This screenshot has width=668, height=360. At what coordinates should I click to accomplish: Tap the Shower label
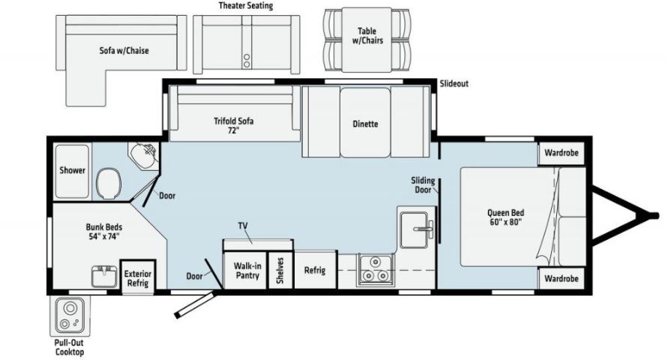point(73,170)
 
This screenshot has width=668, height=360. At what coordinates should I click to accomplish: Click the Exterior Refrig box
point(137,278)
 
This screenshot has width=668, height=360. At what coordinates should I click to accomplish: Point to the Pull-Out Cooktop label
point(68,347)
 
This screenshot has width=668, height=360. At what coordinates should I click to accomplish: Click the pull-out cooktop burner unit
point(68,316)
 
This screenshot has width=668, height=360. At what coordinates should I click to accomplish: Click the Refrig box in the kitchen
point(314,270)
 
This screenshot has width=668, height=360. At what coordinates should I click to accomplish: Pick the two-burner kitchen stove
point(375,269)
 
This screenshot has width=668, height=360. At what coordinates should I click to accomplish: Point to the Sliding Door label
point(423,185)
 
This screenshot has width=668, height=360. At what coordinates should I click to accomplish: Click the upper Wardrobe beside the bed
point(562,153)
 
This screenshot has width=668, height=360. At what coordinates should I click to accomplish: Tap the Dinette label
point(365,124)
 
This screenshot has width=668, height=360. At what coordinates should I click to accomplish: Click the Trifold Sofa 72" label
point(232,124)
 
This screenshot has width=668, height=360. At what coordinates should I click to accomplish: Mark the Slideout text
point(454,84)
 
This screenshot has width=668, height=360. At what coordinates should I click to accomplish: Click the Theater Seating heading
point(245,6)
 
